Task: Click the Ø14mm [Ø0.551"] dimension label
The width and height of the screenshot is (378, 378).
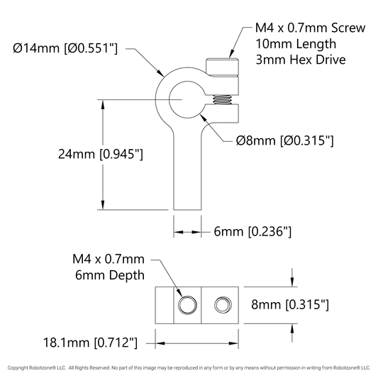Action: click(65, 48)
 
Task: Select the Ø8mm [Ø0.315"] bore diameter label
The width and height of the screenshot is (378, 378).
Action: click(284, 140)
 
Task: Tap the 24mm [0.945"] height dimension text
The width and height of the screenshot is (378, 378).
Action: click(101, 154)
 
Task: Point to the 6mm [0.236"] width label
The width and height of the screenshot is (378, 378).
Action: click(252, 232)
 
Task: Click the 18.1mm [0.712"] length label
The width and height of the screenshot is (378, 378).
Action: click(90, 343)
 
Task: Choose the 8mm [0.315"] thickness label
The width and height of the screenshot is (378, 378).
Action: click(290, 304)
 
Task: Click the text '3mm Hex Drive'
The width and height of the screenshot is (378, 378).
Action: click(301, 60)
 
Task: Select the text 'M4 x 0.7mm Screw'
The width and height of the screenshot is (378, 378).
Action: click(310, 28)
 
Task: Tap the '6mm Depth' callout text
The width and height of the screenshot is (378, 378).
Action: click(110, 275)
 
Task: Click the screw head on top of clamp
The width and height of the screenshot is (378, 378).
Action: click(222, 67)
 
